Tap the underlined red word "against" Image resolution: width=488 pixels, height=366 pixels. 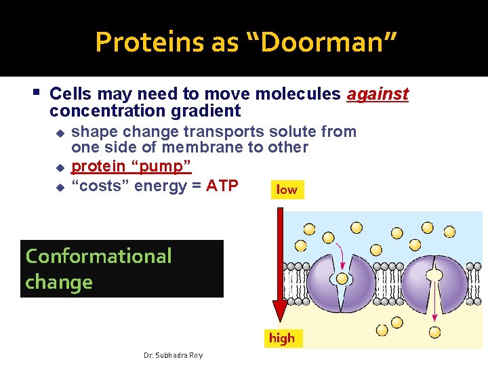[x=378, y=94]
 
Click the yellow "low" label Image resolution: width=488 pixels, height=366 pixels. [x=287, y=190]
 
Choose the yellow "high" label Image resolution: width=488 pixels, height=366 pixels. [x=282, y=338]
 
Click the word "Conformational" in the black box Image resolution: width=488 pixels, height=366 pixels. [x=99, y=256]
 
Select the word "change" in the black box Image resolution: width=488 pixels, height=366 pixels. [x=59, y=282]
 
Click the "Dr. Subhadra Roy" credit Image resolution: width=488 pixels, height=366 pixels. [x=174, y=355]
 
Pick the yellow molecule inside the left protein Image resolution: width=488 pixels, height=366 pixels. [x=343, y=279]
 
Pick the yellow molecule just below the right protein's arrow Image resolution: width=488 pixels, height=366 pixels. [x=434, y=332]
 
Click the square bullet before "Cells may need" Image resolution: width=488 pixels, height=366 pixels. [x=37, y=92]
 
